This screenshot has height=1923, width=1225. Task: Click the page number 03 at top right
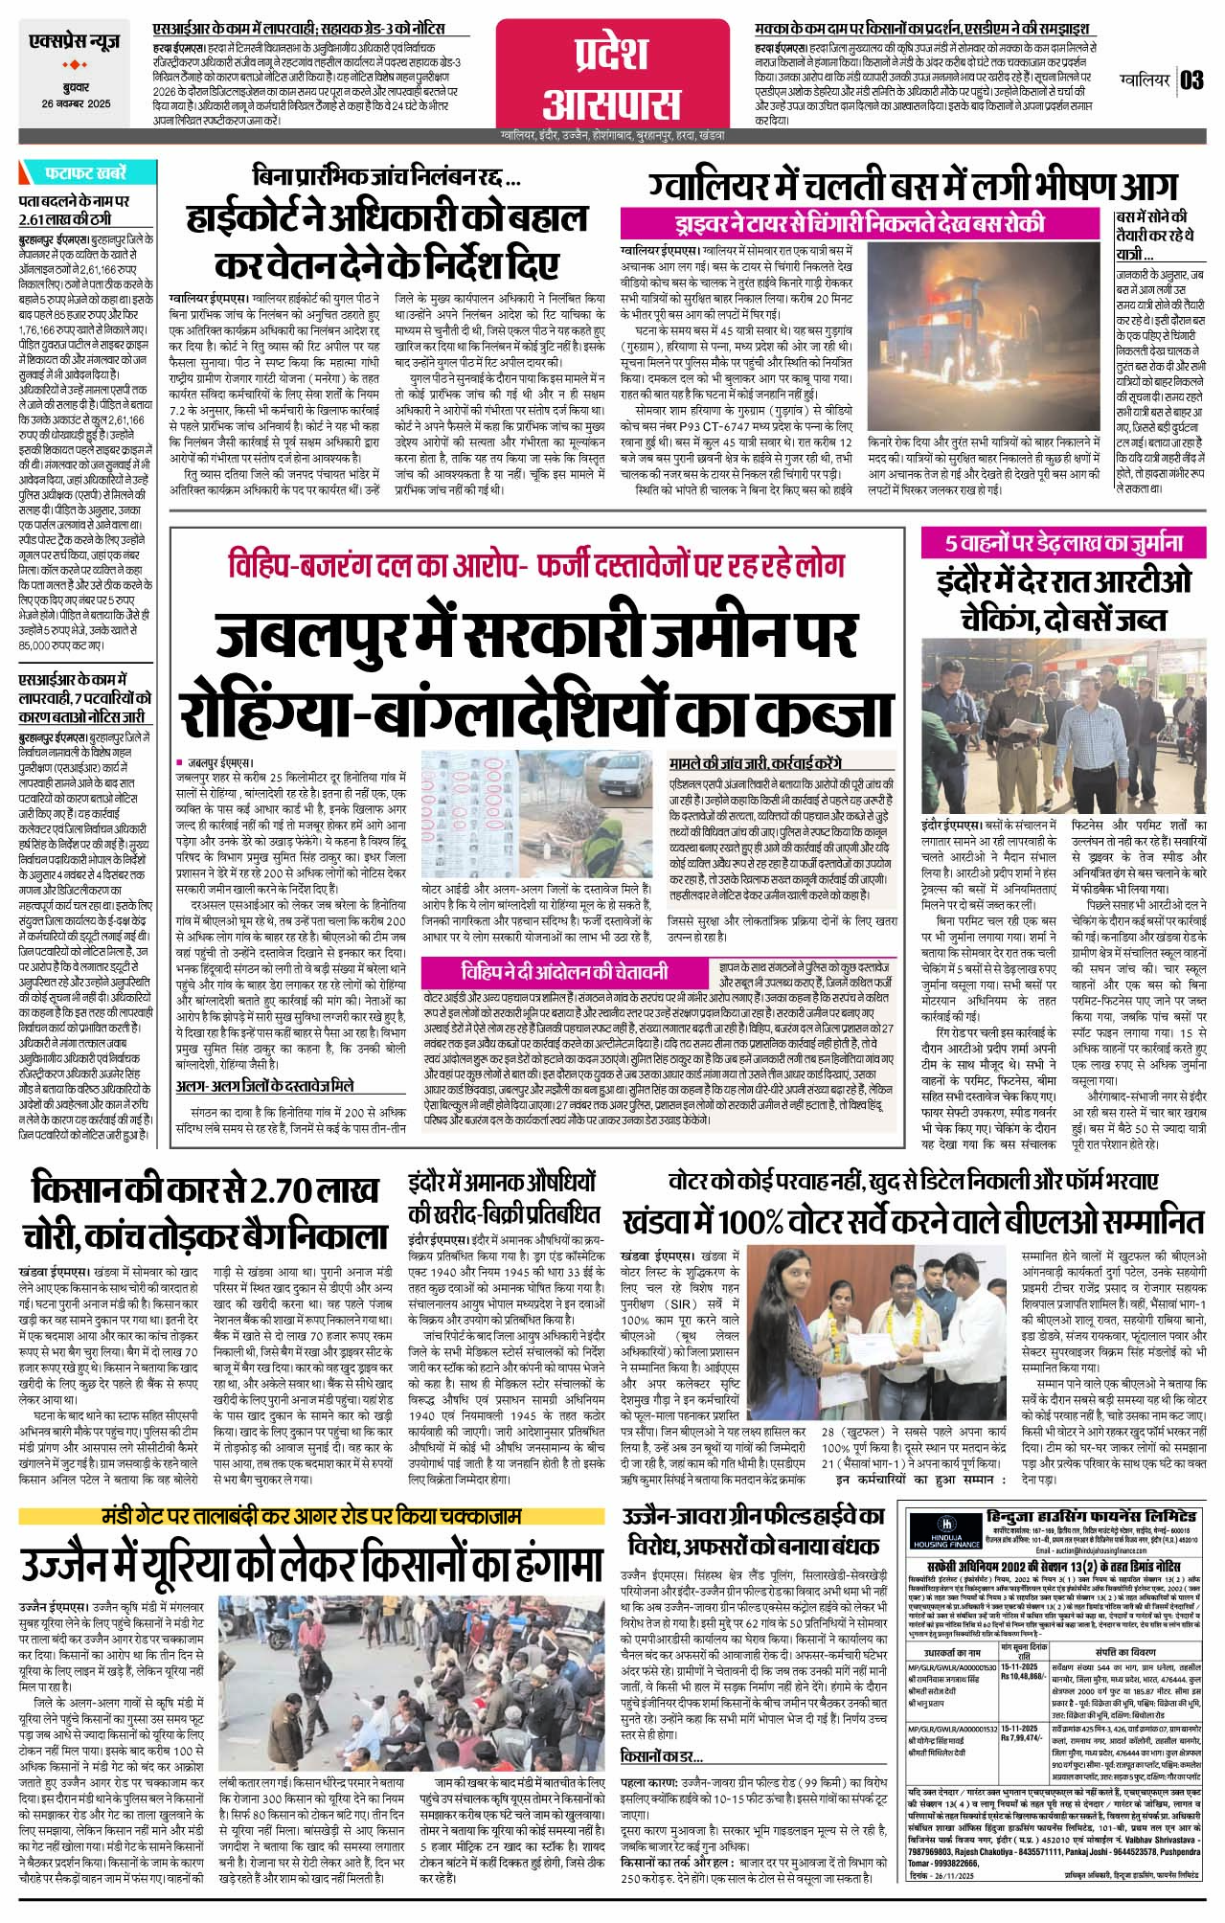tap(1191, 79)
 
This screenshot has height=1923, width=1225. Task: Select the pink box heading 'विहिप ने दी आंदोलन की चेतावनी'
tap(563, 972)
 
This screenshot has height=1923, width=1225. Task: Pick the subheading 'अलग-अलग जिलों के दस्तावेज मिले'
tap(264, 1086)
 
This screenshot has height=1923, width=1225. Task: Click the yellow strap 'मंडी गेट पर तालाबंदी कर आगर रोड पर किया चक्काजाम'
tap(312, 1519)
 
